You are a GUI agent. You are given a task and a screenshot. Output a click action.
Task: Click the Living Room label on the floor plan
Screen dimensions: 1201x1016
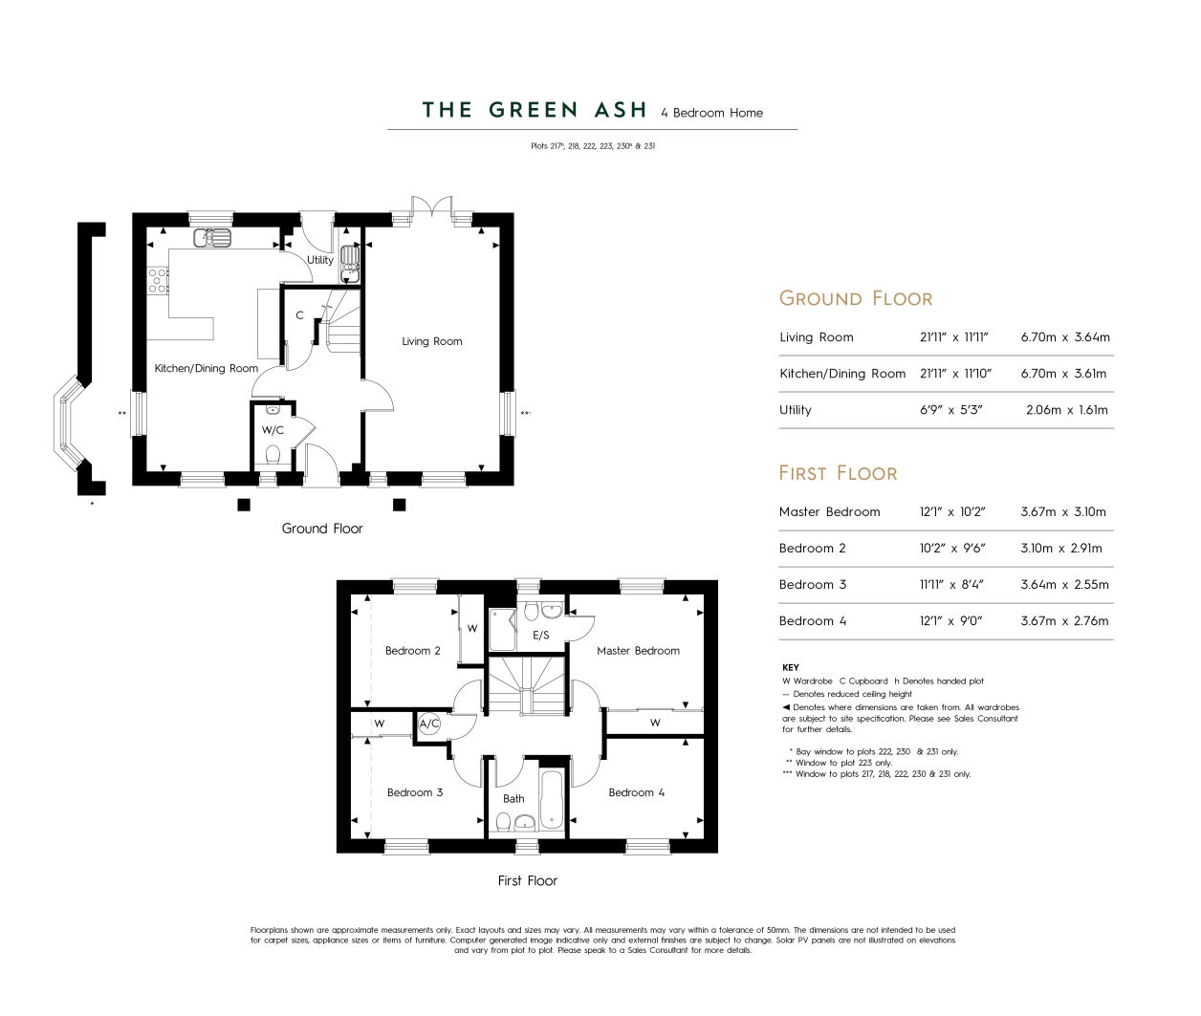click(431, 341)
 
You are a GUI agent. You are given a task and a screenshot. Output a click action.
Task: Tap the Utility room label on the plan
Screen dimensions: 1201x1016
click(319, 260)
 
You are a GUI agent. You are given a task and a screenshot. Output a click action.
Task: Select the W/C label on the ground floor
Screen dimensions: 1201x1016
click(273, 430)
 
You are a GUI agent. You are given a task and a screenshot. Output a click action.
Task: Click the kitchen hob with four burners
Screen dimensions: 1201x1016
click(158, 280)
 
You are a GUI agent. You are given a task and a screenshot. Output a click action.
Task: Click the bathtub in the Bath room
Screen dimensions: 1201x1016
click(551, 799)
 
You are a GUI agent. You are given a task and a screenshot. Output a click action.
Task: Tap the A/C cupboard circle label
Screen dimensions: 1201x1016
click(429, 724)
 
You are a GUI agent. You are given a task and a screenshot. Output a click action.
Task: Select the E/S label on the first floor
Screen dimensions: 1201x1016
click(541, 635)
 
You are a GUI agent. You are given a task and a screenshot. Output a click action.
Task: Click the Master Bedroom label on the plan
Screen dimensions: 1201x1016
click(638, 651)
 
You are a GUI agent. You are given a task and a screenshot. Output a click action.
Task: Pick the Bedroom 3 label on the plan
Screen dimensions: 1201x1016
click(415, 792)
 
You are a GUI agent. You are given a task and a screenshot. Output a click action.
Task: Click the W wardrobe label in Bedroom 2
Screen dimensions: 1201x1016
click(472, 628)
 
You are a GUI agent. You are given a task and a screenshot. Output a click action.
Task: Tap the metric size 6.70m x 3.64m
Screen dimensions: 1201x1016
click(1065, 337)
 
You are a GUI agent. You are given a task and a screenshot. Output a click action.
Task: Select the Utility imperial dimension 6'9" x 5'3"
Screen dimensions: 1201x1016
click(950, 409)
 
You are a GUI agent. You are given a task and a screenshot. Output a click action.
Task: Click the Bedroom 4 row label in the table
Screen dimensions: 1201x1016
click(812, 620)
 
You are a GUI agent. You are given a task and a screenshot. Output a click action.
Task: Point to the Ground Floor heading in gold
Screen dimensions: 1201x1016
click(855, 298)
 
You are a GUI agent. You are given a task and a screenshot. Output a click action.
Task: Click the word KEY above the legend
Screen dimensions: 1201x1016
click(790, 667)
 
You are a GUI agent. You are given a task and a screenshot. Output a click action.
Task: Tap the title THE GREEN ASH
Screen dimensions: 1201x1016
click(534, 110)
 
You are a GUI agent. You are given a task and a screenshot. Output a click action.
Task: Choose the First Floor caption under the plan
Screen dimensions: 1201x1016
click(528, 880)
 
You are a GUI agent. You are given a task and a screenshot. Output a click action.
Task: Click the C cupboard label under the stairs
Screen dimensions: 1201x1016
click(299, 315)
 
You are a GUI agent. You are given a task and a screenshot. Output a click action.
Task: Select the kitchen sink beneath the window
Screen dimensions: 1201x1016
click(212, 238)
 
